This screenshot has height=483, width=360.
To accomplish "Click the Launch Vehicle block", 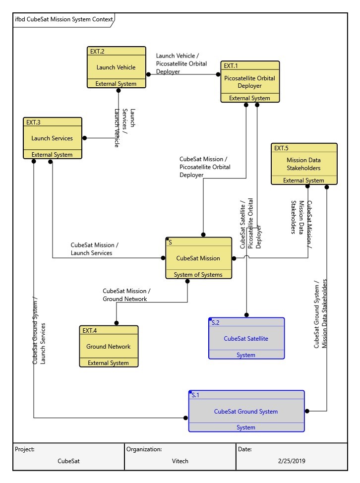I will coord(116,67).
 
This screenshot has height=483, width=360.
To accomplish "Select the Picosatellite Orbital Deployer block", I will coord(249,82).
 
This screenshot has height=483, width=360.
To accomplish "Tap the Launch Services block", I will coord(52,138).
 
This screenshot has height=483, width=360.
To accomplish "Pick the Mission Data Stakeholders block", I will coord(303,164).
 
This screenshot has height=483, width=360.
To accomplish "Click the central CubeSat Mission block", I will coord(198,258).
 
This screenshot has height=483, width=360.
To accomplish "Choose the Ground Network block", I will coord(108,346).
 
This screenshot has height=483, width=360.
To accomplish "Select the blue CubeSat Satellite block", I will coord(246,338).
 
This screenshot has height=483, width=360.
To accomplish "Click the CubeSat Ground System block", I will coord(246,411).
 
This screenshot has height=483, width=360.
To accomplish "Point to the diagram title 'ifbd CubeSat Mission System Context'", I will coord(63,20).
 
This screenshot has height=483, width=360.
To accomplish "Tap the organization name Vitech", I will coord(180,460).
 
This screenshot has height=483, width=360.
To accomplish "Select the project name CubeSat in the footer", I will coord(68,460).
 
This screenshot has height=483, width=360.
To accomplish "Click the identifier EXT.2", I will coord(97,51).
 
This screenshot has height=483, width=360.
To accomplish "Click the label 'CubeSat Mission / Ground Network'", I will coord(126,295).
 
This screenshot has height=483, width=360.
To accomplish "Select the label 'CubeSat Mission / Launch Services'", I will coord(94,249).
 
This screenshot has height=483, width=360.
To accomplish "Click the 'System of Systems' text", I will coord(198,275).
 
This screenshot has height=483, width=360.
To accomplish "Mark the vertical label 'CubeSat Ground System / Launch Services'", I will coord(39,331).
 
